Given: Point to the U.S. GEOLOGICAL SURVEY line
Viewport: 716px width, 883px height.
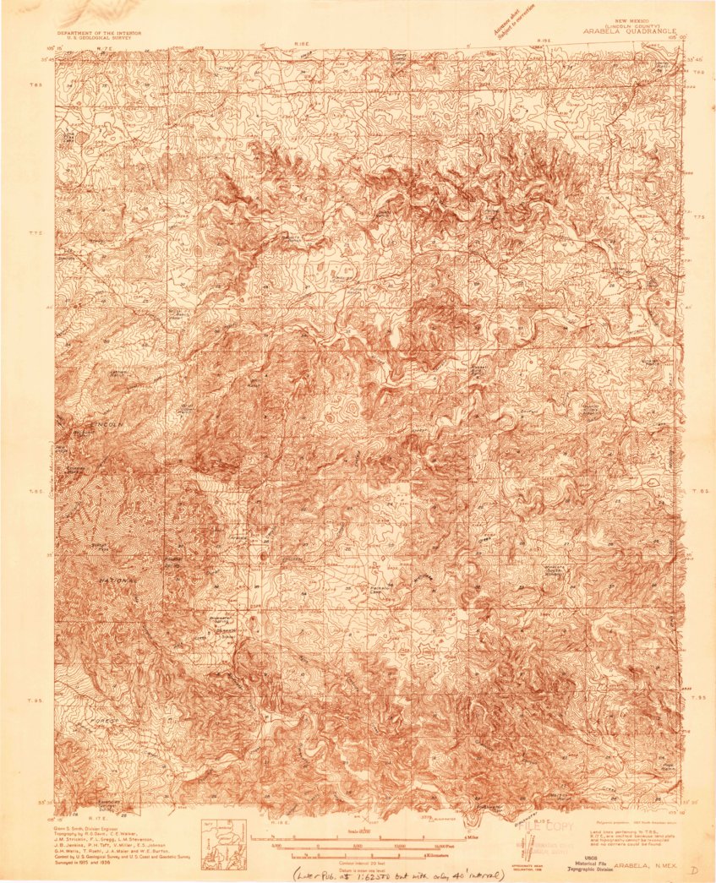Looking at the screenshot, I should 99,37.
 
